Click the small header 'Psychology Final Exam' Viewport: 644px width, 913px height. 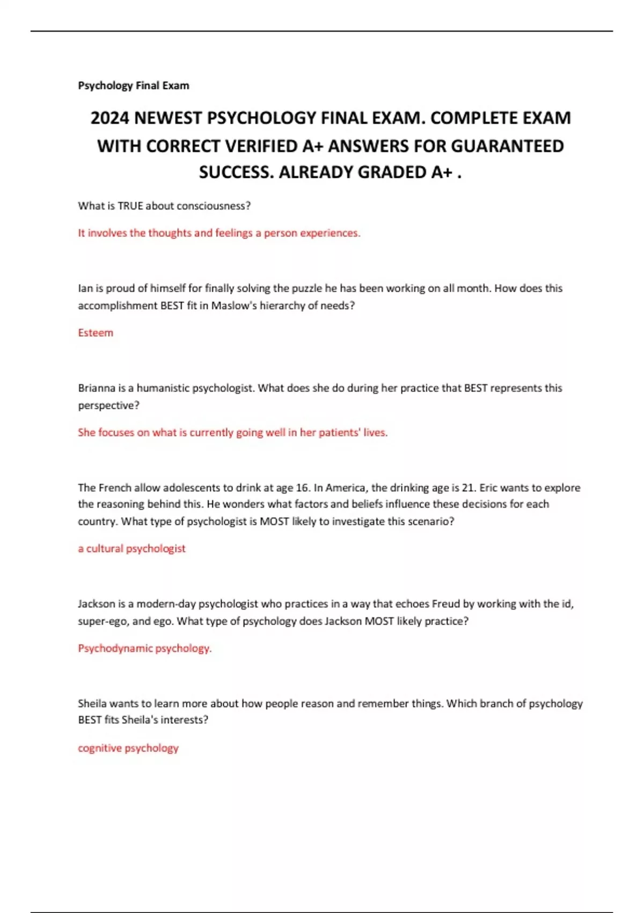point(134,85)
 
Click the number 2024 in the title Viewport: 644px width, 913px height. point(109,118)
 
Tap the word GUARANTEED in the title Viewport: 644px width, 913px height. point(507,146)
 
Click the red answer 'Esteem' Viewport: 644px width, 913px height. point(96,332)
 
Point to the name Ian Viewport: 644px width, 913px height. point(85,288)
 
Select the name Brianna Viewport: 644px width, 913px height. point(97,388)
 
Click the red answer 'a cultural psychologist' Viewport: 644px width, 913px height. point(131,548)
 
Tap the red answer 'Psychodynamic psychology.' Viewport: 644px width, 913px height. point(145,648)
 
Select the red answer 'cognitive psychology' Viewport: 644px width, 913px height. point(128,748)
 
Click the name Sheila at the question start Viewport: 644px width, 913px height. point(92,704)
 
